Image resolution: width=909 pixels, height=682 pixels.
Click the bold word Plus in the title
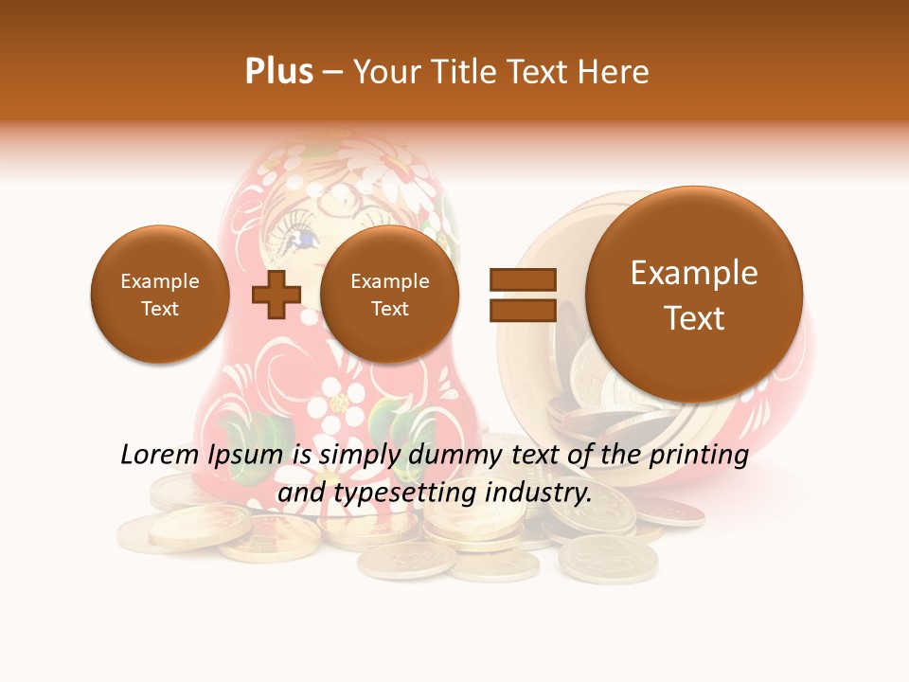pos(278,72)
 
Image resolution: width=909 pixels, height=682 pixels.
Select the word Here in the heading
pos(615,72)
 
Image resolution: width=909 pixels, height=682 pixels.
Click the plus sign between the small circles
pos(276,293)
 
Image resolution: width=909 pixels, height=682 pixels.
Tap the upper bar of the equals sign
pos(522,278)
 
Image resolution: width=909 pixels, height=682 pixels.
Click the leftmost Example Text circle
pos(160,294)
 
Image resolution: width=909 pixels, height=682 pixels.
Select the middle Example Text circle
pos(389,294)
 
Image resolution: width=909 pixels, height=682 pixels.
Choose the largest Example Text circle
pos(694,294)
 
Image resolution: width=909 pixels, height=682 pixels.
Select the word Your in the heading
pos(384,72)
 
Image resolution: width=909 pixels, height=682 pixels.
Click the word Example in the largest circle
pos(694,273)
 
